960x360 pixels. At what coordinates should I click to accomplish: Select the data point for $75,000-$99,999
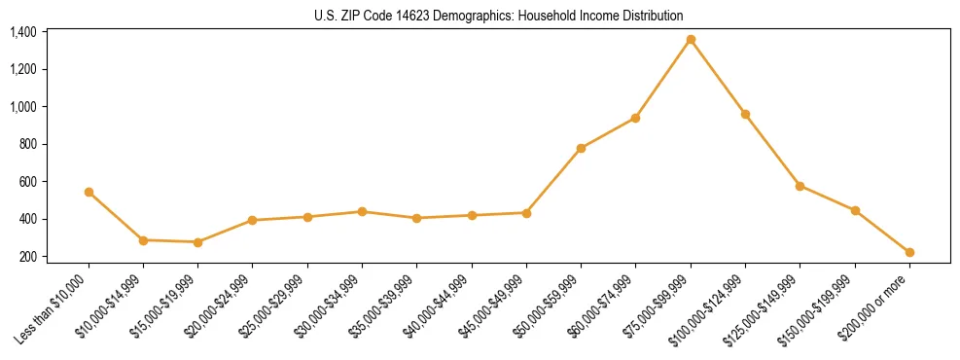tap(691, 40)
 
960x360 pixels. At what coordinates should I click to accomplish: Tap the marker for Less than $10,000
tap(89, 193)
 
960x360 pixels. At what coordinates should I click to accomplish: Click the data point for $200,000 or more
tap(909, 252)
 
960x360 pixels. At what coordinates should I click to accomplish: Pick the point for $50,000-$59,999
tap(581, 149)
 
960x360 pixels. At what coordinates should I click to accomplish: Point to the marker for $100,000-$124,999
tap(745, 115)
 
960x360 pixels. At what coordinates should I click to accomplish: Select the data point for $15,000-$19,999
tap(198, 242)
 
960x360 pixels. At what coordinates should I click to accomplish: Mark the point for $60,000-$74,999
tap(635, 118)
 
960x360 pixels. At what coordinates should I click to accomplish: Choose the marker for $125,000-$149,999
tap(800, 186)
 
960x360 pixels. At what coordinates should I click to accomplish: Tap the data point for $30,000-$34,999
tap(362, 211)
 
